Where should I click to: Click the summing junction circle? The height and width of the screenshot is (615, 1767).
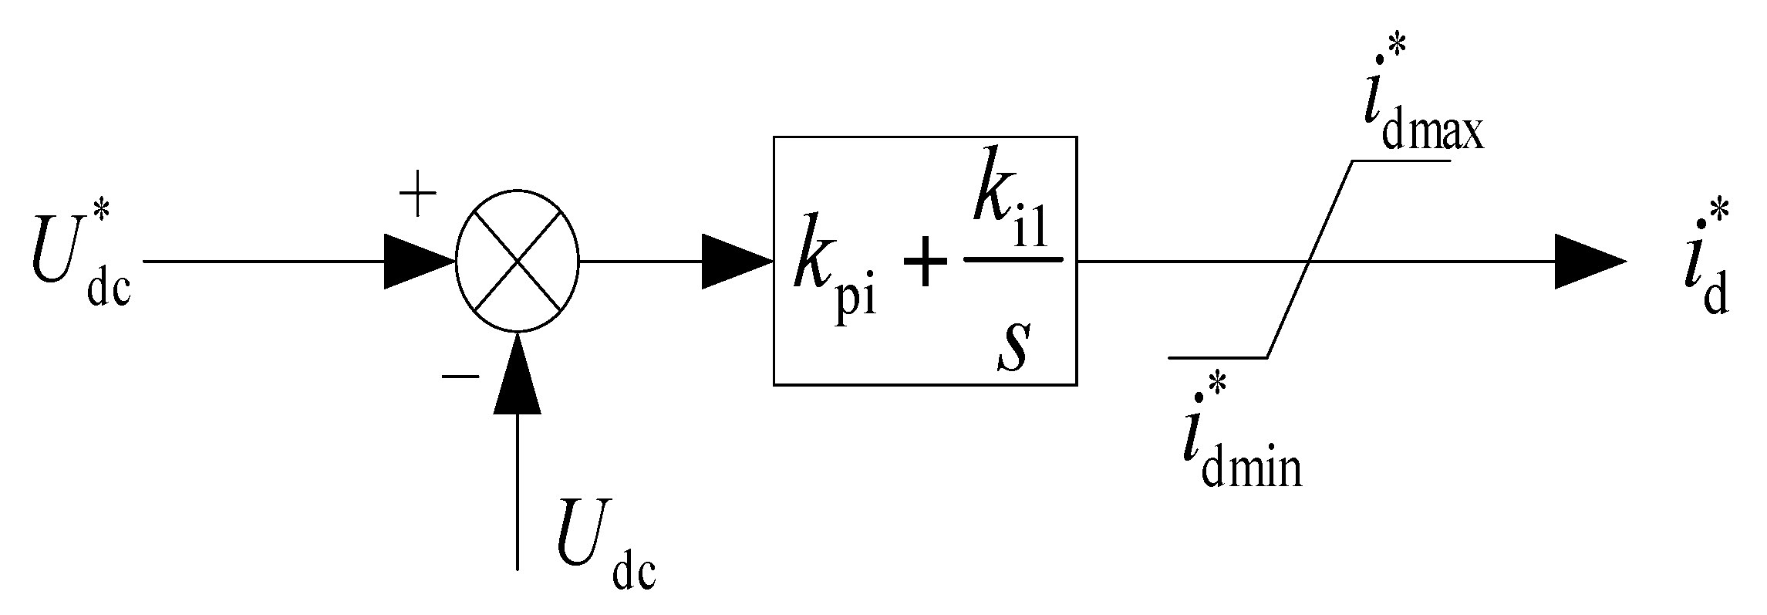tap(518, 261)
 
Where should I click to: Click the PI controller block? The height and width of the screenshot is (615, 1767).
tap(925, 261)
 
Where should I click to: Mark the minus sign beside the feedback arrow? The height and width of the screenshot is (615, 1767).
tap(460, 377)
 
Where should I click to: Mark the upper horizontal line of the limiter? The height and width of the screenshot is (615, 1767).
tap(1401, 161)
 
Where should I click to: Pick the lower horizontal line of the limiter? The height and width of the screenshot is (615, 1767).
tap(1219, 357)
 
